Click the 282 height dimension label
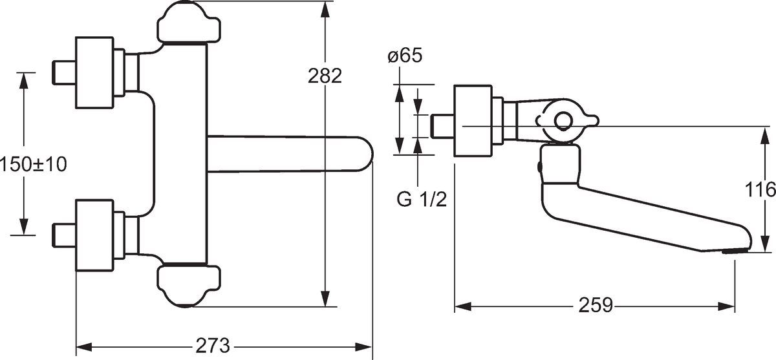click(325, 76)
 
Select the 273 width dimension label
click(213, 346)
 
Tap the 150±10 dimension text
click(34, 164)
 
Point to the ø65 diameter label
click(405, 56)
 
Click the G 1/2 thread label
click(422, 199)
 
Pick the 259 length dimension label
click(596, 305)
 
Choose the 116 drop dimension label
click(760, 189)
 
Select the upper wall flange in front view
click(94, 72)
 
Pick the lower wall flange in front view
click(94, 235)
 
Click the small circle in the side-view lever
click(563, 121)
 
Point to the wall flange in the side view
click(473, 120)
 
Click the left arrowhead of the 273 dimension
click(83, 346)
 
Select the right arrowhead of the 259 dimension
click(726, 306)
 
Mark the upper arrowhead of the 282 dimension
click(325, 9)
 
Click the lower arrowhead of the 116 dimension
click(765, 244)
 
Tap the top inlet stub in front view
click(64, 72)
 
